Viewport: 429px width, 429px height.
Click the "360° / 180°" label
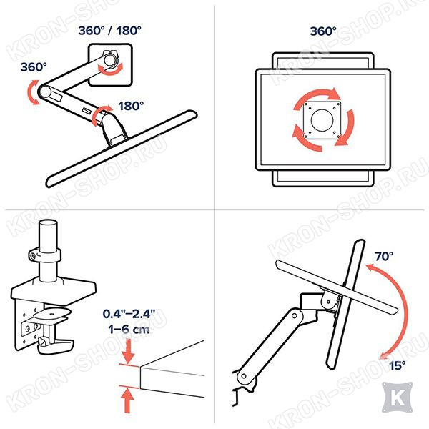[x=109, y=30]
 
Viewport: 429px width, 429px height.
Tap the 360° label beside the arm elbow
[x=34, y=67]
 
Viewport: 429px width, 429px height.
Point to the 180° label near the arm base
[x=131, y=106]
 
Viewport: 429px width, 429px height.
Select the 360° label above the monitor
[x=323, y=31]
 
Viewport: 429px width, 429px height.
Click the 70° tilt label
[x=383, y=257]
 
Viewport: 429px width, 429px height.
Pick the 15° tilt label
[x=398, y=365]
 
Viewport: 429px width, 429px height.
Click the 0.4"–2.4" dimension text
[x=129, y=314]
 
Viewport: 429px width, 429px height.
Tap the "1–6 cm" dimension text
[x=129, y=329]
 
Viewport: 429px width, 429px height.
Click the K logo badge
[x=397, y=398]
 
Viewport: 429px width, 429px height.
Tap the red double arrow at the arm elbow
[x=34, y=92]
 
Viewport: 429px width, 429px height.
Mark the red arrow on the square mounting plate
[x=111, y=69]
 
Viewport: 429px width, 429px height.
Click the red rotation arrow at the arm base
[x=100, y=115]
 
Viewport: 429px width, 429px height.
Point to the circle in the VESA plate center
[x=322, y=120]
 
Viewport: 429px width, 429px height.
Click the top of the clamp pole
[x=48, y=224]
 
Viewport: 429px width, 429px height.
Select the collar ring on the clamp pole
[x=45, y=255]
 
